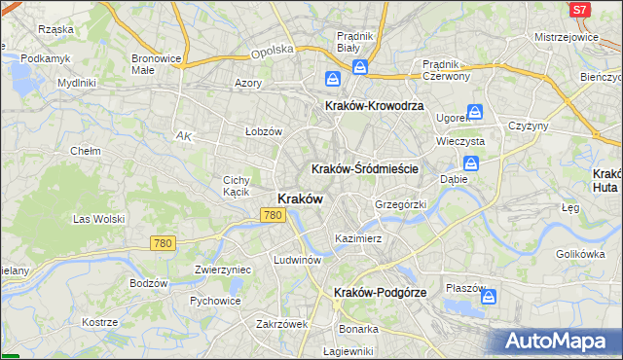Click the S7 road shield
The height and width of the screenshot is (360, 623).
point(579,10)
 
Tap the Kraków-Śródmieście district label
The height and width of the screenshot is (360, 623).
point(365,168)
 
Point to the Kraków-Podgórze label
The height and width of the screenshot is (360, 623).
point(375,292)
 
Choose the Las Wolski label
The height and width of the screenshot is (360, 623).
point(99,219)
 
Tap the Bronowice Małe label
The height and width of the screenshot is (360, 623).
point(158,63)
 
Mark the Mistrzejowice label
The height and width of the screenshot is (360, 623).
point(566,37)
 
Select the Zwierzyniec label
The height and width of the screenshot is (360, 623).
point(223,270)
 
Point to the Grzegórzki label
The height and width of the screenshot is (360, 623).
point(401,205)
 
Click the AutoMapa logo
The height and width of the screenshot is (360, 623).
point(560,341)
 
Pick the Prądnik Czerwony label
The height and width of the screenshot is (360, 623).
point(447,70)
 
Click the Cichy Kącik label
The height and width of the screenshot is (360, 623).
point(238,186)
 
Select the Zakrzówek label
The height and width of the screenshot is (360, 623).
point(282,324)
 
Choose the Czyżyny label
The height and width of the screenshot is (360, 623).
point(529,126)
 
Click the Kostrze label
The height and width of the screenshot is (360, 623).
point(99,322)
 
